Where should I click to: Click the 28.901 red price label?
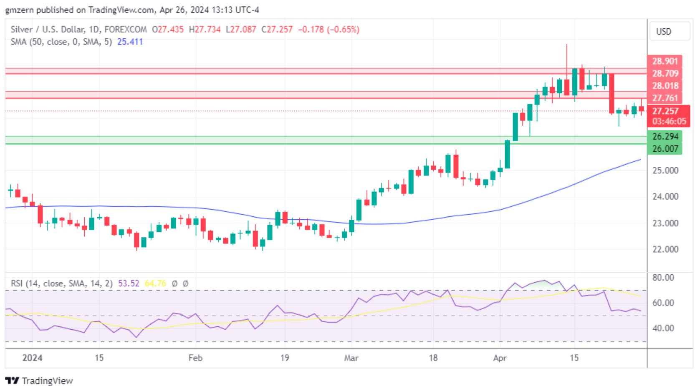tap(665, 61)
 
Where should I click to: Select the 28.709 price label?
tap(665, 73)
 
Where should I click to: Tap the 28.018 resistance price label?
tap(665, 86)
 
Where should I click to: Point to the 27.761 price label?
tap(665, 98)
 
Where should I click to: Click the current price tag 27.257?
tap(665, 111)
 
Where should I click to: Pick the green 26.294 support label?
tap(665, 136)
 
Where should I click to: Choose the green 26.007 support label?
tap(665, 148)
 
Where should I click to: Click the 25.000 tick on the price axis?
tap(665, 170)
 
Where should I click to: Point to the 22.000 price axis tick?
tap(665, 249)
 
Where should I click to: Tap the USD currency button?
tap(664, 32)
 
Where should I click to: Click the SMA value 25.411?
tap(130, 42)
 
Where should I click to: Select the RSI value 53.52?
tap(129, 283)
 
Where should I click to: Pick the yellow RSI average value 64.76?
tap(155, 283)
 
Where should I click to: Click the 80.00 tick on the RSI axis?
tap(663, 278)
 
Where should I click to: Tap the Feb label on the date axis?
tap(195, 358)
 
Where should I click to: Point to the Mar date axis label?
tap(351, 358)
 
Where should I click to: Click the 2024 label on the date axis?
tap(32, 358)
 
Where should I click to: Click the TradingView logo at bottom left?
tap(39, 381)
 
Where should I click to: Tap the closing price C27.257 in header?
tap(277, 30)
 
